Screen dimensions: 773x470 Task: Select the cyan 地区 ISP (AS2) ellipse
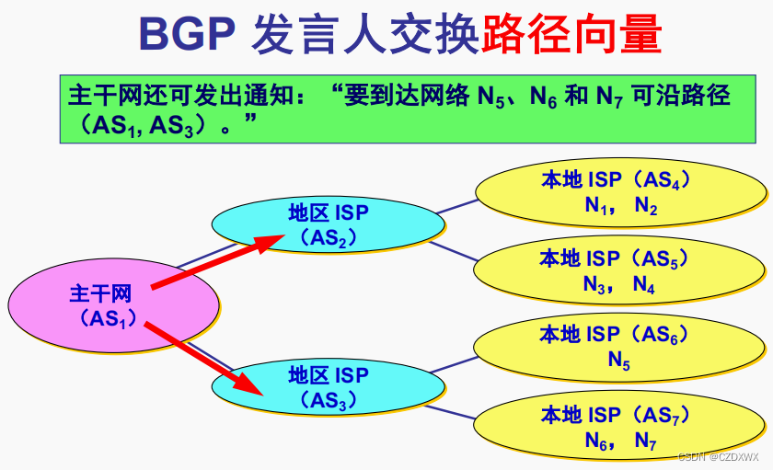[x=328, y=225]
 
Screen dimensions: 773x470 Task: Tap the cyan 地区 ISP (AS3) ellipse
[x=328, y=387]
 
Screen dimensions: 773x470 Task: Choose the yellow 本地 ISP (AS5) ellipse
[x=621, y=271]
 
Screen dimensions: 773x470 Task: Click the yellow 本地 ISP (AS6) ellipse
[x=621, y=347]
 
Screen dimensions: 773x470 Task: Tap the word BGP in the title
[x=187, y=34]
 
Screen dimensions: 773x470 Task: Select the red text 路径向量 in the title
[x=571, y=34]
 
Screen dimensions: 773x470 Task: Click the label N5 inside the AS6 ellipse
[x=619, y=361]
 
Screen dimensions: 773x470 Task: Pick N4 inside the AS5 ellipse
[x=644, y=286]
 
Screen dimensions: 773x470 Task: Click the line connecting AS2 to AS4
[x=458, y=206]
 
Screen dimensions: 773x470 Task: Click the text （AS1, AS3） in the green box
[x=144, y=126]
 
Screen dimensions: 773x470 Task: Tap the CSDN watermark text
[x=718, y=457]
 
